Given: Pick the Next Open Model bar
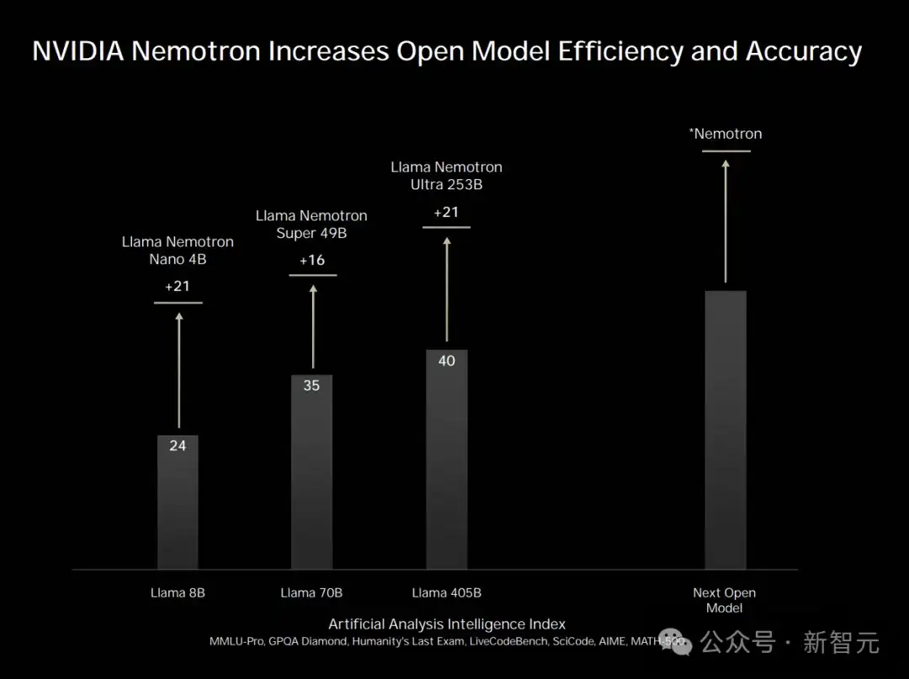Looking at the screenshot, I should (x=725, y=429).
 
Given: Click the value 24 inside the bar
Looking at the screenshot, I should (x=178, y=445).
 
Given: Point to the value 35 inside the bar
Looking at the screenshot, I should (x=311, y=386).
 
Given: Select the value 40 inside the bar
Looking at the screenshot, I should (x=446, y=361).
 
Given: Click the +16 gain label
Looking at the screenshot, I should (x=311, y=260).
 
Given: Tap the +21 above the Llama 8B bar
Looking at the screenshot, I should (x=178, y=286).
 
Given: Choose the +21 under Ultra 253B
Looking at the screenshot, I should (x=446, y=212).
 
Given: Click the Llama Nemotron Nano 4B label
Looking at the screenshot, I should (x=178, y=250).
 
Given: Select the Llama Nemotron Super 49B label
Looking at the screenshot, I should (x=311, y=225).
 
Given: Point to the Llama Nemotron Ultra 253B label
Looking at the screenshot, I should (x=446, y=176).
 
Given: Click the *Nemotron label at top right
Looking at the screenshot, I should (x=725, y=134).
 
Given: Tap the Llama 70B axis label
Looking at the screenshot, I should (x=311, y=593).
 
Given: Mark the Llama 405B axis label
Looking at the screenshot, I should (x=446, y=593).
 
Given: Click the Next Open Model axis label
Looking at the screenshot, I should (x=724, y=600).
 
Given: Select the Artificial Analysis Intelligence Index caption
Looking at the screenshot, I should (x=446, y=624).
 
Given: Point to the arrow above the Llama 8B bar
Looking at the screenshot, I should (x=178, y=370).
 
